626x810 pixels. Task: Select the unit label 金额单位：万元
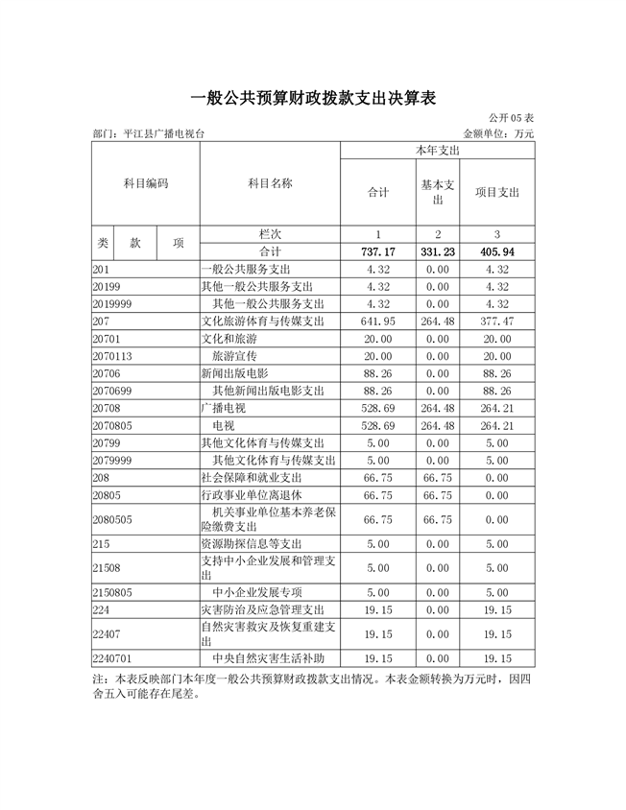coord(498,133)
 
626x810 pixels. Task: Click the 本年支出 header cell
coord(437,152)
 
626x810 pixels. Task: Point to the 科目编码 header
coord(146,183)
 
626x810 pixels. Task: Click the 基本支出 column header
coord(438,192)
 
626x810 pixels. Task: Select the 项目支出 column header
coord(497,192)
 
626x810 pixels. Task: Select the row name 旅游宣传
coord(236,356)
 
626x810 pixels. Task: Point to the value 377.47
coord(497,321)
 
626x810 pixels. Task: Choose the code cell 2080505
coord(115,519)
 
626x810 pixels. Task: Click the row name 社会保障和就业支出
coord(251,477)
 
